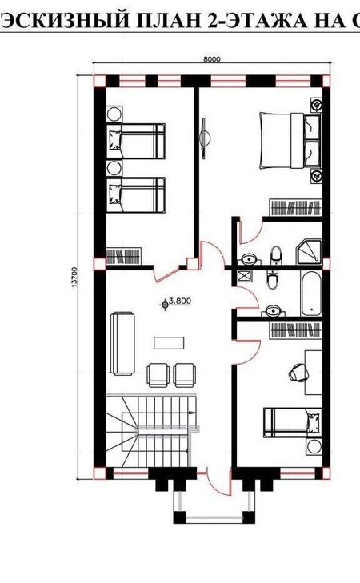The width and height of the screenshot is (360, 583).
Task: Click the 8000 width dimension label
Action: (x=212, y=58)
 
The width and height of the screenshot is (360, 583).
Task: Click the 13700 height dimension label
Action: (x=74, y=277)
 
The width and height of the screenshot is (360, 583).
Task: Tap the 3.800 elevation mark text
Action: (x=180, y=301)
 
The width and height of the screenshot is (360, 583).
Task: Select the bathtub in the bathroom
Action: (x=311, y=293)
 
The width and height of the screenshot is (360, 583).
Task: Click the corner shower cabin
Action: (x=309, y=252)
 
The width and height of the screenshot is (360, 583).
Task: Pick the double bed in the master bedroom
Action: (x=290, y=141)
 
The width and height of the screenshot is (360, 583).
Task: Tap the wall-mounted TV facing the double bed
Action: (x=205, y=138)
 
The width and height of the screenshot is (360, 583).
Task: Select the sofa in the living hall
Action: (x=122, y=343)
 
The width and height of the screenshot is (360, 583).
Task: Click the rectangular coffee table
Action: (x=169, y=343)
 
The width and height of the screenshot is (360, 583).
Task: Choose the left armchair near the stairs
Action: (x=158, y=375)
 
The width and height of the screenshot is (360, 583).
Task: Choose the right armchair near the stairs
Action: (x=185, y=375)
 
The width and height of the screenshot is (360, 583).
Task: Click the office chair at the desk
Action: (x=299, y=372)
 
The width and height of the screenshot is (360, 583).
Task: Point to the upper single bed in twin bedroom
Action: (x=136, y=142)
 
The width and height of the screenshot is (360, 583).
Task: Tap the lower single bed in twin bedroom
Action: (x=136, y=195)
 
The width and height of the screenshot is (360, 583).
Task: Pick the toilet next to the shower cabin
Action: (x=276, y=255)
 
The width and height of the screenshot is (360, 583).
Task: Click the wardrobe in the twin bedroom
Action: (x=123, y=256)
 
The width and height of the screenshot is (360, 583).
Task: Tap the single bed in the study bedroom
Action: (x=293, y=422)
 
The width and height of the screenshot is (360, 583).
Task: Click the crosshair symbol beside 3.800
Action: (x=165, y=305)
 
